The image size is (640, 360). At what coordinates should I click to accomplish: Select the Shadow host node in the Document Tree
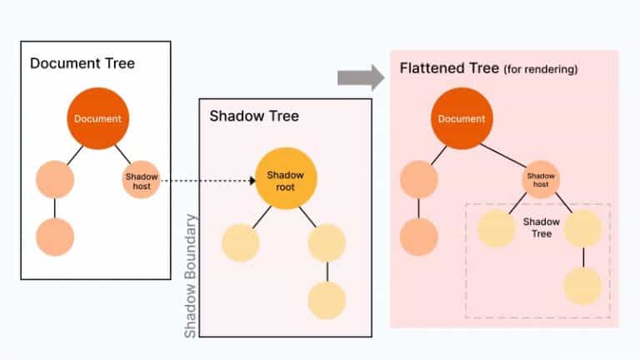click(x=141, y=179)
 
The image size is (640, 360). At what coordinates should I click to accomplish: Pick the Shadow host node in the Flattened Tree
click(x=541, y=179)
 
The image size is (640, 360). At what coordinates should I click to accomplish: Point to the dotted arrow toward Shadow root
click(x=207, y=180)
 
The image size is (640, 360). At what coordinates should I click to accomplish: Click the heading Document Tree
click(x=82, y=63)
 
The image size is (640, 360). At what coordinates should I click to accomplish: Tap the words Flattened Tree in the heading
click(x=449, y=67)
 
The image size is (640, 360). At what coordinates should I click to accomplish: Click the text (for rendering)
click(x=541, y=69)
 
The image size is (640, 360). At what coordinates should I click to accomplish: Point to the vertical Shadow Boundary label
click(x=191, y=276)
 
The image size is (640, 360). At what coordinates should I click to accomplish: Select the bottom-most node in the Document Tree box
click(x=55, y=237)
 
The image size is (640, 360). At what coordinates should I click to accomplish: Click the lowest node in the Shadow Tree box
click(x=327, y=300)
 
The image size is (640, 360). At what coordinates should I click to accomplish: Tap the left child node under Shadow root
click(x=241, y=242)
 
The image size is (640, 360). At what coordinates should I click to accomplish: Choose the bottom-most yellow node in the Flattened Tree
click(x=582, y=286)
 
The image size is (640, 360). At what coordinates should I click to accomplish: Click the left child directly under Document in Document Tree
click(x=55, y=179)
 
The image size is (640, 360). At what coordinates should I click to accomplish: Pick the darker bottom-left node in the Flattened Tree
click(x=418, y=237)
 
